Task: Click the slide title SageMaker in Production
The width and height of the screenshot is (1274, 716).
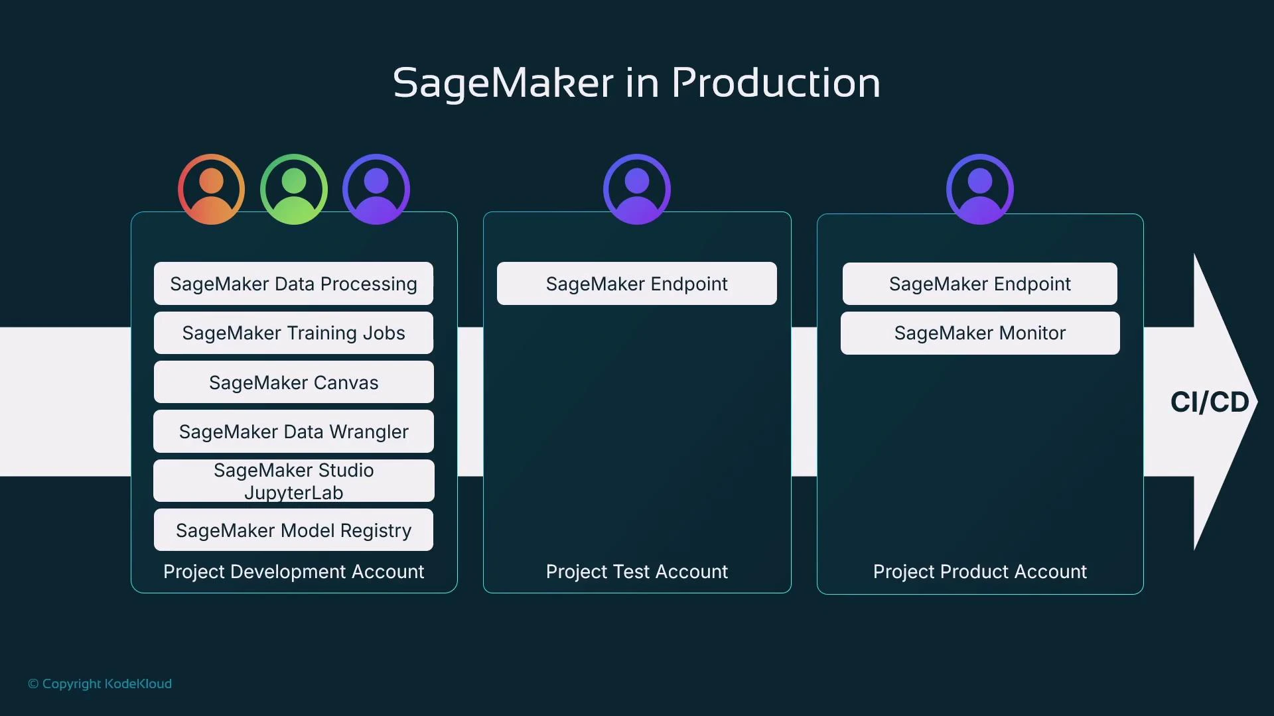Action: (636, 83)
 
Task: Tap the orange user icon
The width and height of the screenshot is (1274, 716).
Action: (211, 190)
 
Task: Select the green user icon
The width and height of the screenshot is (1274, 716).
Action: (294, 190)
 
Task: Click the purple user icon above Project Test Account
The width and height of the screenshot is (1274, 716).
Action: (637, 190)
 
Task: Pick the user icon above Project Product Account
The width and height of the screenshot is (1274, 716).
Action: (980, 190)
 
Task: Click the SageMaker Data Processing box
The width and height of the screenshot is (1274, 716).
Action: (293, 284)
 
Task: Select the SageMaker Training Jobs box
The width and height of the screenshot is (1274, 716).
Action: (293, 333)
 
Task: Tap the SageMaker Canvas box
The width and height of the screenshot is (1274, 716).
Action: (293, 383)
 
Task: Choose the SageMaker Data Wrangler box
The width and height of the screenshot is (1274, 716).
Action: (293, 432)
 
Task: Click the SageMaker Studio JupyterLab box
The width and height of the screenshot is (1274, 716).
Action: (293, 481)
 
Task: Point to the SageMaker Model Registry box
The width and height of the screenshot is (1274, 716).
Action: (293, 530)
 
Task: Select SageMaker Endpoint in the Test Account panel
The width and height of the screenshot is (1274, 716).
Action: (637, 284)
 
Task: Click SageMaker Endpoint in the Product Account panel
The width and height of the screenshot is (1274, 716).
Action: (980, 284)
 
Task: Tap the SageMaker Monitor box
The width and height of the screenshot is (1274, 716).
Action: (980, 333)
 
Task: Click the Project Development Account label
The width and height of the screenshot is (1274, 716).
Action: (293, 571)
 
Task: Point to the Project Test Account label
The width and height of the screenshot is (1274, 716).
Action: (637, 571)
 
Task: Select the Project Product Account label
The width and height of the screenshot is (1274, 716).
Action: (980, 571)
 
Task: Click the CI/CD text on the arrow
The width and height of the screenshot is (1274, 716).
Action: (1210, 402)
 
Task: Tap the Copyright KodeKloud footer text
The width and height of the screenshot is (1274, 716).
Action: (100, 684)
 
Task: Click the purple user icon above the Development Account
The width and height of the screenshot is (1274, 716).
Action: (376, 190)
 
